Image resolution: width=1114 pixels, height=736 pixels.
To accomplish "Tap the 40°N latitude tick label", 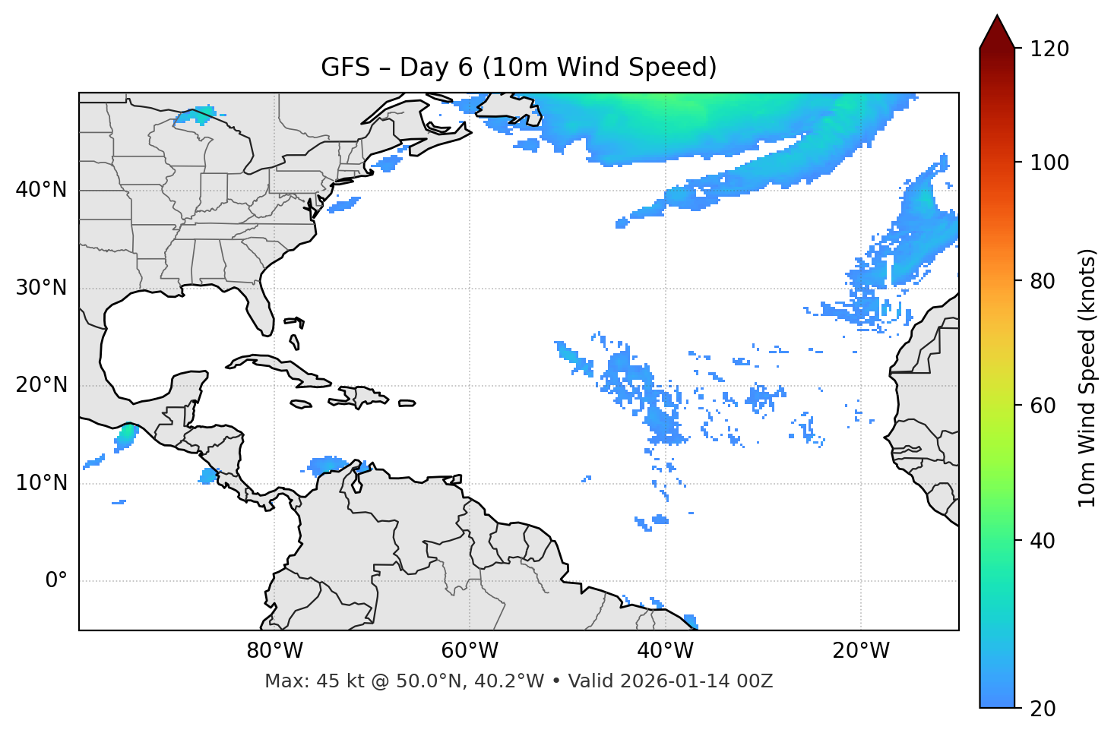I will click(41, 190).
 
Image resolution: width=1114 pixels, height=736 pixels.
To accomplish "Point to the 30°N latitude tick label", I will click(41, 288).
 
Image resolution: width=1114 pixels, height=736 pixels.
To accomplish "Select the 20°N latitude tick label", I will click(41, 386).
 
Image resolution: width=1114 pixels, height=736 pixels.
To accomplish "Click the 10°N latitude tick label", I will click(41, 483).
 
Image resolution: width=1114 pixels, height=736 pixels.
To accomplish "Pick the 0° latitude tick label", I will click(56, 581).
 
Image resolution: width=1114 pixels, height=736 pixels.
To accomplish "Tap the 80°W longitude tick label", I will click(274, 651).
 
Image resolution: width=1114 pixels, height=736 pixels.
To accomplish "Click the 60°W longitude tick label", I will click(470, 651).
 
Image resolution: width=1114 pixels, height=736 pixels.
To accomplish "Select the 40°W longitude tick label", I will click(665, 651).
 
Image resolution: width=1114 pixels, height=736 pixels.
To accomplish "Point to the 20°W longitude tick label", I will click(860, 651).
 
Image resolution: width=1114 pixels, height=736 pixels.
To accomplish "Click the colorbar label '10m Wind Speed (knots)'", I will click(1087, 377).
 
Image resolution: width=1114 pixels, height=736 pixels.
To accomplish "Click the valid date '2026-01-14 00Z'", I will click(696, 681).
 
